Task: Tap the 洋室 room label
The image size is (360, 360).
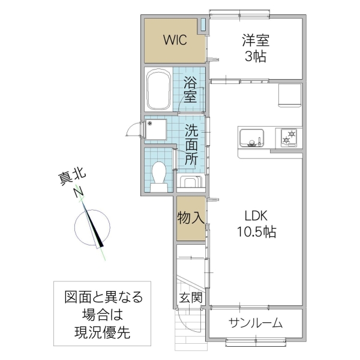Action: click(x=256, y=41)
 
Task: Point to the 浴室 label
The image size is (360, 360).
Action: click(x=191, y=89)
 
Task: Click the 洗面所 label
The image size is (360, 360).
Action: click(x=191, y=145)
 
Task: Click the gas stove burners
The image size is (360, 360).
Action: click(x=289, y=137)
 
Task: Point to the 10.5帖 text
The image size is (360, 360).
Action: click(x=256, y=232)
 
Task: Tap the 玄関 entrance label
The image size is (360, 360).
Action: click(x=190, y=298)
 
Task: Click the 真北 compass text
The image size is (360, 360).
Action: click(x=71, y=177)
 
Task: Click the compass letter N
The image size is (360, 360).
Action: click(x=79, y=192)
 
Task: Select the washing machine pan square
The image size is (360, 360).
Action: click(x=157, y=130)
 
